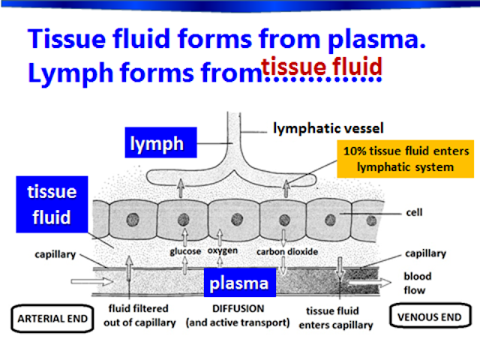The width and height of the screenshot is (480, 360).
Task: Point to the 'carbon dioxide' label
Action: (x=285, y=252)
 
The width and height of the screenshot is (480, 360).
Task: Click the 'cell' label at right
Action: (x=414, y=212)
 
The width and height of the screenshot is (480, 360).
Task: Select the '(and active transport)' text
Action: (x=241, y=324)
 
